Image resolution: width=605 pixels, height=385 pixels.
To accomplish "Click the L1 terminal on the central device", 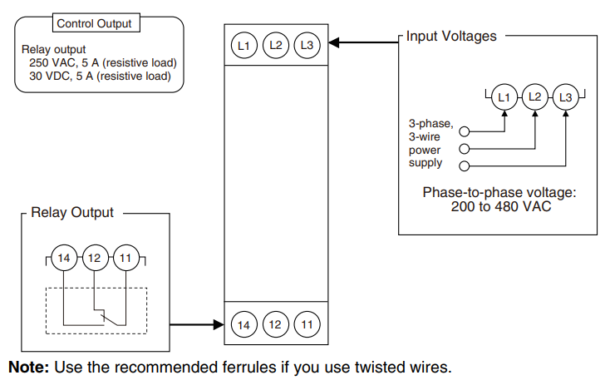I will pos(243,45).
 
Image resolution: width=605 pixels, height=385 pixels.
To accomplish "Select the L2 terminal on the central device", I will pos(275,45).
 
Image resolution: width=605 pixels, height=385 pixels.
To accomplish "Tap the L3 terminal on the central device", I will pos(307,45).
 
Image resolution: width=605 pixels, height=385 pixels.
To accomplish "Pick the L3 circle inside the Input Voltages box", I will pos(566,97).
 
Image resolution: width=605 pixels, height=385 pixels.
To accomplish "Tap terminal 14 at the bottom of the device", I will pos(243,324).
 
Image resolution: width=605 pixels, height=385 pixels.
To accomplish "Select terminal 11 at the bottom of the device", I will pos(307,324).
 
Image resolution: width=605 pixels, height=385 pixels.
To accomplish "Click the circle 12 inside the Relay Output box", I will pos(94,258).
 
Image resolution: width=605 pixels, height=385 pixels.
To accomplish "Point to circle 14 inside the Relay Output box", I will pos(63,258).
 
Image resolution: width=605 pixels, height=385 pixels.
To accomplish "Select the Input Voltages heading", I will pos(451,37).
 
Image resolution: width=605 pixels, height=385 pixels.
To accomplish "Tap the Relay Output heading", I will pos(72,213).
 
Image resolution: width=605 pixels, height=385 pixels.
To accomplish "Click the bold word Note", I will pos(28,367).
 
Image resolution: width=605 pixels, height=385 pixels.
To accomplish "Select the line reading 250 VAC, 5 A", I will pos(101,62).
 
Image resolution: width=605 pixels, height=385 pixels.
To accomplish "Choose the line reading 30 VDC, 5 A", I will pos(98,76).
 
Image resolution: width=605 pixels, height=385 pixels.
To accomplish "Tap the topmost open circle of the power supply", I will pos(465,131).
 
